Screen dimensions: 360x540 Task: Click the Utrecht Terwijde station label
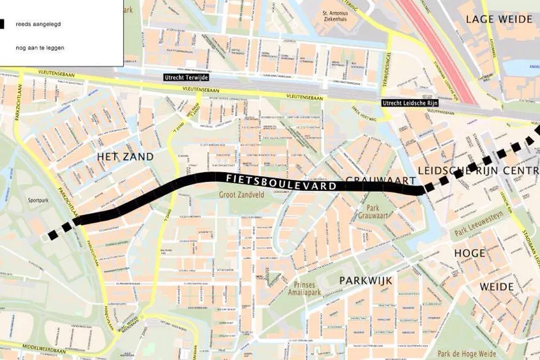[185, 77]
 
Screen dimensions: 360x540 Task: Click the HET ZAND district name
[125, 157]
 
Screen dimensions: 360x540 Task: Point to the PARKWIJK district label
[365, 280]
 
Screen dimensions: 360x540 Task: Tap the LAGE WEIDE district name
[498, 20]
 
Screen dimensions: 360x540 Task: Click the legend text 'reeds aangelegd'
[39, 23]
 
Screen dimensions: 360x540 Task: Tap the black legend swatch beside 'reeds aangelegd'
[3, 23]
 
